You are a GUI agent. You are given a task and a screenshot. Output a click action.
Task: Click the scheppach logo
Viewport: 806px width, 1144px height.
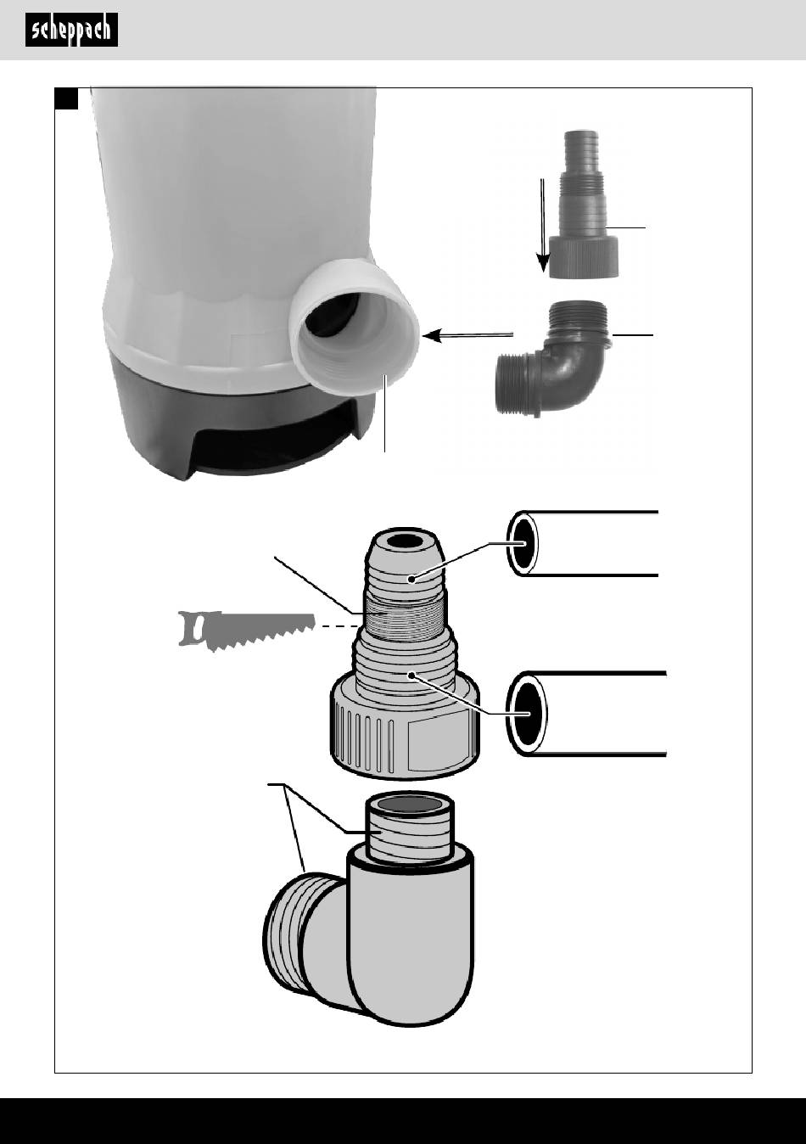tap(71, 31)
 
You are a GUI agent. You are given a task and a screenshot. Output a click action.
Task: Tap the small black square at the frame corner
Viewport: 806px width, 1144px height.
tap(67, 98)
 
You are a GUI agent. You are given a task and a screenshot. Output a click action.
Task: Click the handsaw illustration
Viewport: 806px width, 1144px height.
tap(246, 631)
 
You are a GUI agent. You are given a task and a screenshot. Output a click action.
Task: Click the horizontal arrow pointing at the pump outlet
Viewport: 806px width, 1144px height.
tap(468, 335)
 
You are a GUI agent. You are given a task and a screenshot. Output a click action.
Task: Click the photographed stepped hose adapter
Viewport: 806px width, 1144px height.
tap(584, 205)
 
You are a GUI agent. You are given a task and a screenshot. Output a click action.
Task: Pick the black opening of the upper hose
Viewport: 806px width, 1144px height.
tap(523, 543)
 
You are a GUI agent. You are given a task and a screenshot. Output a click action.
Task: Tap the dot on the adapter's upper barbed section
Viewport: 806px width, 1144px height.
tap(411, 579)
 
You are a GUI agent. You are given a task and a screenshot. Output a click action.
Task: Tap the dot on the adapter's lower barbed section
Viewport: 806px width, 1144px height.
tap(411, 676)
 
